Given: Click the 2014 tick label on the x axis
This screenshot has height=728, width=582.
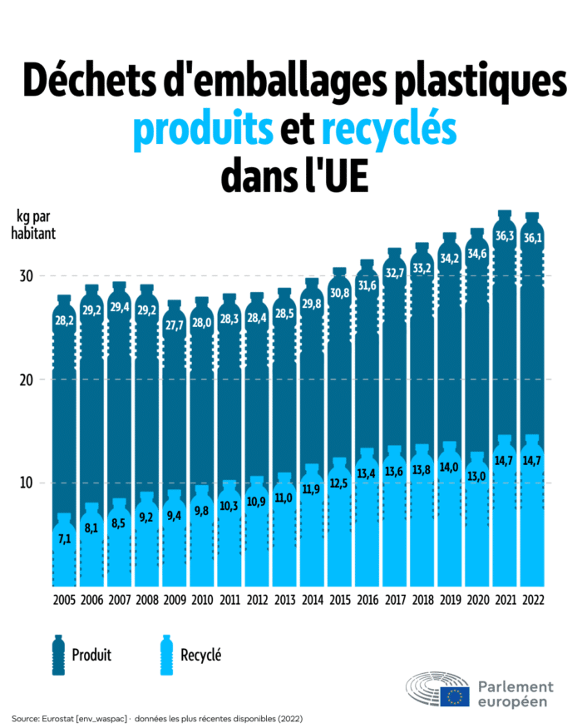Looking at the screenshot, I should (x=312, y=600).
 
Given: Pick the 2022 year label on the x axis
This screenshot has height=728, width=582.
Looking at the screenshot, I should (x=531, y=600).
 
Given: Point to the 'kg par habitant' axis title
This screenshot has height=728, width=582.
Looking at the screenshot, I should (x=33, y=225).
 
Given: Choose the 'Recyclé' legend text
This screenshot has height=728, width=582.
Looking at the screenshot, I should (x=201, y=655).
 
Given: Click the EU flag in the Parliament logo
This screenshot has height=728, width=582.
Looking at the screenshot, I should (x=455, y=696).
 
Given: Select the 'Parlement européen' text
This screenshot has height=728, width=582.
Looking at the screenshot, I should (x=515, y=693).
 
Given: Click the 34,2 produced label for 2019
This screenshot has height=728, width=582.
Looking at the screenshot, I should (x=450, y=259).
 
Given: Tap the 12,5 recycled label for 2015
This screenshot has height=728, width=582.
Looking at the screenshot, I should (x=340, y=483).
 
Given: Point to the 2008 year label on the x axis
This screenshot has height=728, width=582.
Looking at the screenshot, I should (x=147, y=600).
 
